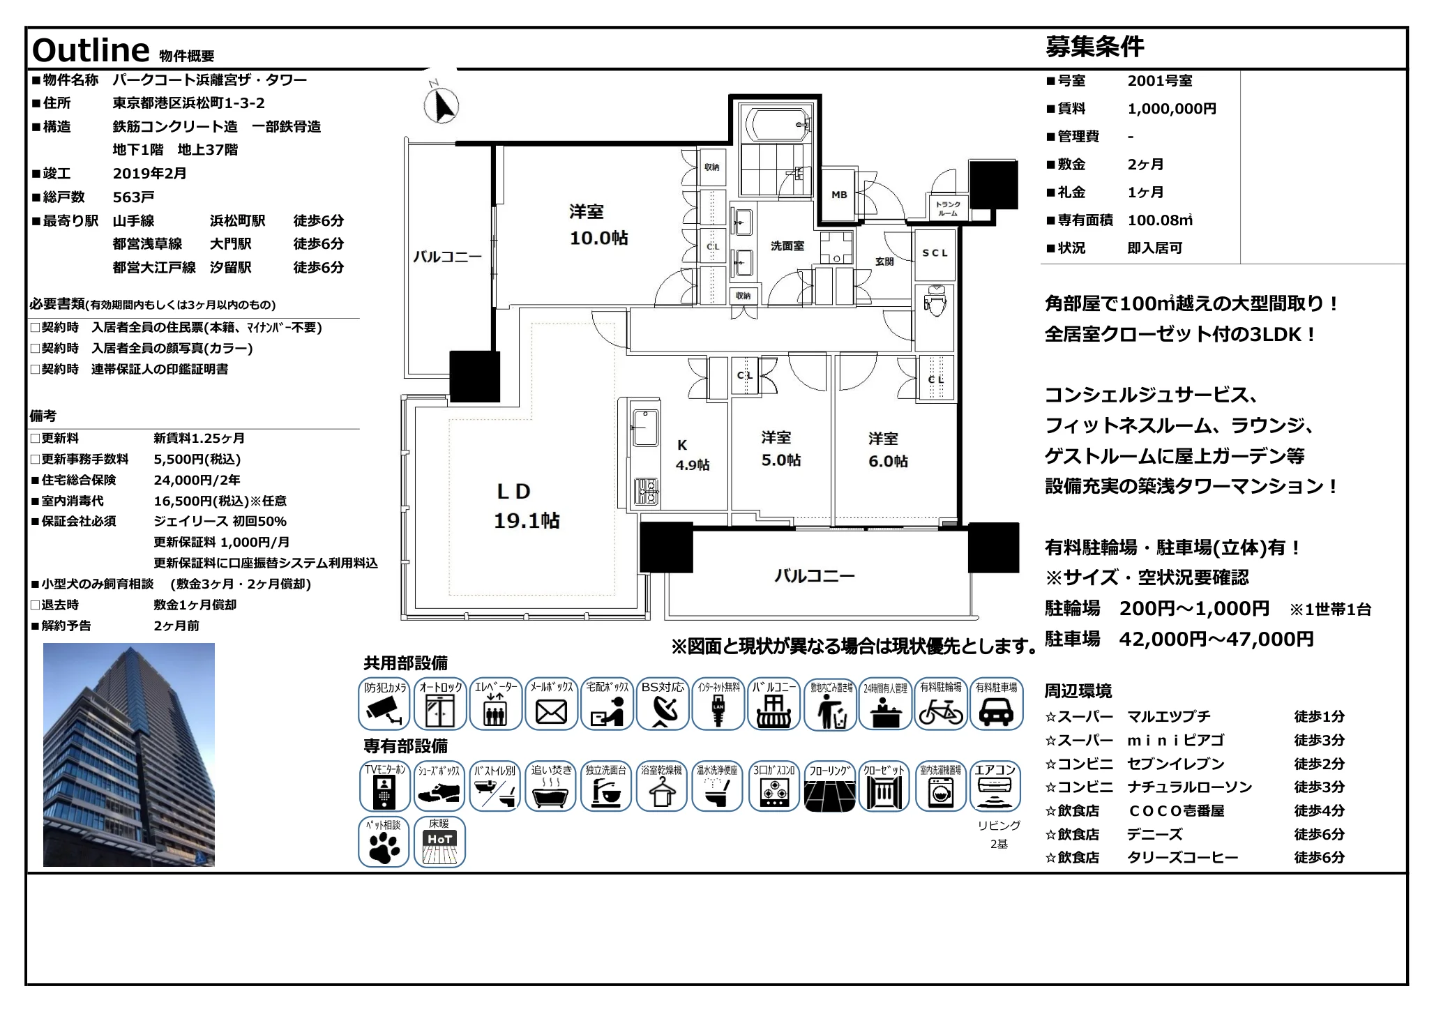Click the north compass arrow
441,106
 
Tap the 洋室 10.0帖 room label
598,225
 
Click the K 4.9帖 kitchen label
691,455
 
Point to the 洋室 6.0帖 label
887,450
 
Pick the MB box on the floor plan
839,195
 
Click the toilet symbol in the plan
934,301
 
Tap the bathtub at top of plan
776,125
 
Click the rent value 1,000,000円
1171,109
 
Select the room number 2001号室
1159,81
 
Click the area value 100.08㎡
1159,220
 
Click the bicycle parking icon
940,704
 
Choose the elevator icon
495,704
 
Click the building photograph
129,755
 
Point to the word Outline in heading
91,50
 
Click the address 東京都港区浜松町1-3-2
188,103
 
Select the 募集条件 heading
1094,47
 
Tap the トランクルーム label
947,209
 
